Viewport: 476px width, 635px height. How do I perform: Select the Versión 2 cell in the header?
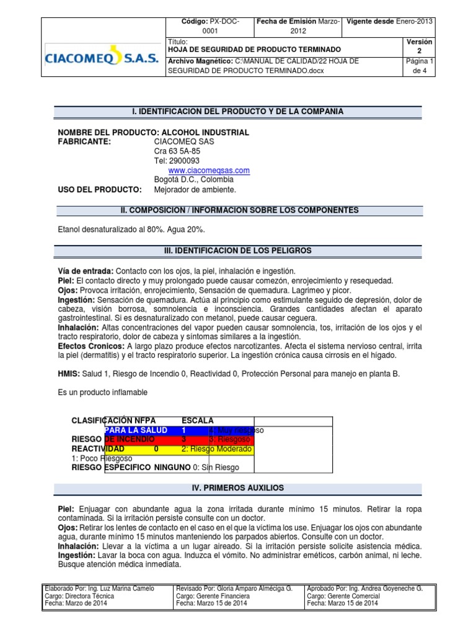(420, 46)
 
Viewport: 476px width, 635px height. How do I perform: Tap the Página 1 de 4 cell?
(420, 66)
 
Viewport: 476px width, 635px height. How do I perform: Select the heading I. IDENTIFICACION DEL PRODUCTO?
(237, 112)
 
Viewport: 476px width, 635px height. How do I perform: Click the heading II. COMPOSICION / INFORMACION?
(237, 211)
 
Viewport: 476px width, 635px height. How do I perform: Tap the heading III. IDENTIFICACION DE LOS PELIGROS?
(237, 251)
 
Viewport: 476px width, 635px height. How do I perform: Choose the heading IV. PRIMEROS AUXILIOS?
(237, 489)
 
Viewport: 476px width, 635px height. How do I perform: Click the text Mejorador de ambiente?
(195, 190)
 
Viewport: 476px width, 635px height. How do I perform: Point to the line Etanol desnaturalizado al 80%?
(131, 229)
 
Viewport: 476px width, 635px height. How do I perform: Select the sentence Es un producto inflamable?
(103, 393)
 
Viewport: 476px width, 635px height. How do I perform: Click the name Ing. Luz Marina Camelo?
(120, 588)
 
